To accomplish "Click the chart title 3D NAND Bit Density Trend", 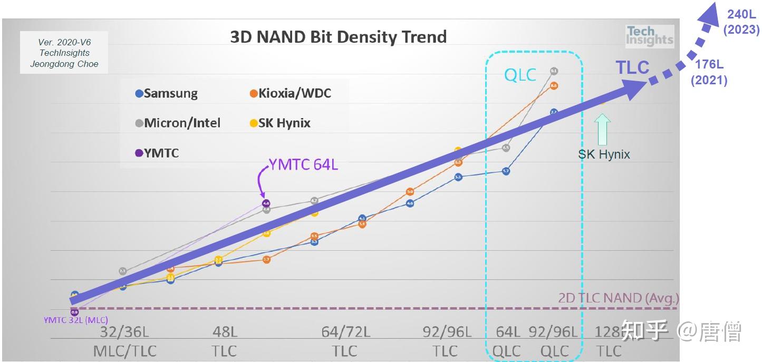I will coord(338,37).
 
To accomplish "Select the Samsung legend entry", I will coord(167,94).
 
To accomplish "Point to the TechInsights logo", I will coord(649,36).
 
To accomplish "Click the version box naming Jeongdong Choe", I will coord(64,53).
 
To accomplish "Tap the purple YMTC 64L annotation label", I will coord(304,165).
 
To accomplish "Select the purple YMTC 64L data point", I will coord(266,203).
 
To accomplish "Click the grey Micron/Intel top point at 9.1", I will coord(554,71).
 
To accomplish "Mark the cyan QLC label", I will coord(520,75).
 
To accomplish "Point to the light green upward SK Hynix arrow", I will coord(602,130).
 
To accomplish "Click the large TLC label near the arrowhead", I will coord(633,67).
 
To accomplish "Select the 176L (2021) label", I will coord(709,72).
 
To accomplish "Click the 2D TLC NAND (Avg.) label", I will coord(618,298).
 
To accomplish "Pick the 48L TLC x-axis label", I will coord(225,341).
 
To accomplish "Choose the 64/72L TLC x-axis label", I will coord(345,341).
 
